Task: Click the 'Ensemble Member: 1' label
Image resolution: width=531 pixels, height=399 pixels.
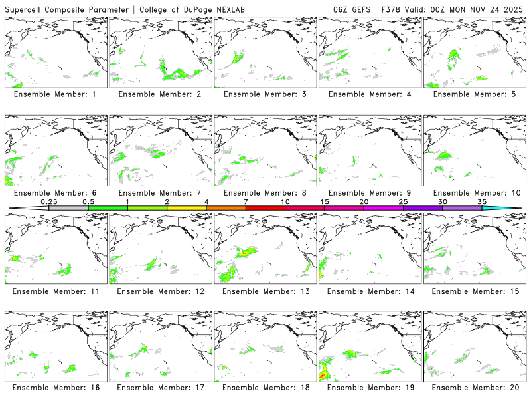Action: (x=54, y=94)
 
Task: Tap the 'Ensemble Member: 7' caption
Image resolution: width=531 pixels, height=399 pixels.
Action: (x=159, y=193)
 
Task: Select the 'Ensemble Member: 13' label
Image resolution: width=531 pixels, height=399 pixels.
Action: (x=264, y=291)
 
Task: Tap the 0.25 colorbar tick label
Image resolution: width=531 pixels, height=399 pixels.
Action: (x=49, y=201)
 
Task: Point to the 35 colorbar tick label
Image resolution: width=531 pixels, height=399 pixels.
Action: (x=482, y=201)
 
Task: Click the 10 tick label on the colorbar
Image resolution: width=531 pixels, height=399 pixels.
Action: (x=285, y=201)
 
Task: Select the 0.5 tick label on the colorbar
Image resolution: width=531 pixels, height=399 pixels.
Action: (x=88, y=201)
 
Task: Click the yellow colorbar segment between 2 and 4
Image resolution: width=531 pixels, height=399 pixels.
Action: (x=187, y=208)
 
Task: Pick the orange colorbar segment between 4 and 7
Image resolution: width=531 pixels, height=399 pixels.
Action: (x=226, y=208)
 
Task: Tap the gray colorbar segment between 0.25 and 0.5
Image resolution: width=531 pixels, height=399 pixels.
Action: (x=68, y=208)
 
